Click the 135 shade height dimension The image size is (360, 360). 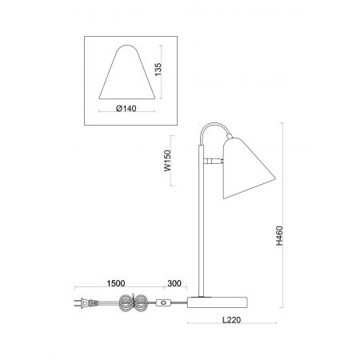[x=158, y=69]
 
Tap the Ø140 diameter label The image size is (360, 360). [x=126, y=109]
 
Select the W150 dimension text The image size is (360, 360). [x=167, y=161]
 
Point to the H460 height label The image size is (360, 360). [x=279, y=235]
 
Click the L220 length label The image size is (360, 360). [x=231, y=320]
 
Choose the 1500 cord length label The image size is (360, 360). [x=116, y=283]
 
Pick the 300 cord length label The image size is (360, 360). [x=174, y=283]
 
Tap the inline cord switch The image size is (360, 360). [x=163, y=303]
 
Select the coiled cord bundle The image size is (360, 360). [x=133, y=303]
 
